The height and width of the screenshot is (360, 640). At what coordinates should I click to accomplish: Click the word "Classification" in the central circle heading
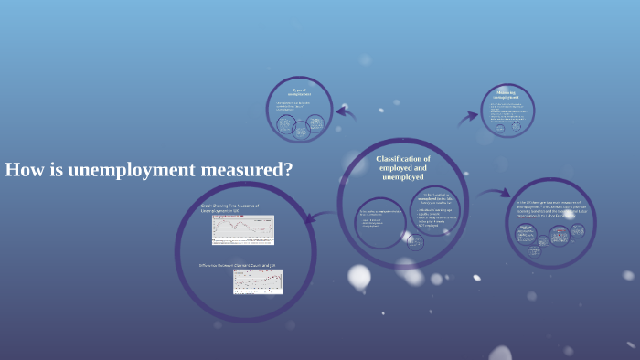pyautogui.click(x=403, y=159)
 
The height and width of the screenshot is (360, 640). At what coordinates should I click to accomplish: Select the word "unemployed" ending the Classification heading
pyautogui.click(x=403, y=177)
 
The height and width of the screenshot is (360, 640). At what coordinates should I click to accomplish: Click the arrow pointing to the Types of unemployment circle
pyautogui.click(x=346, y=113)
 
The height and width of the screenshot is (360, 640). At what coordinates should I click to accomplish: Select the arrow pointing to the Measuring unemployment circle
pyautogui.click(x=468, y=116)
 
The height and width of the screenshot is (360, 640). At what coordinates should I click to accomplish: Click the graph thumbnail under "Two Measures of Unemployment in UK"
pyautogui.click(x=242, y=230)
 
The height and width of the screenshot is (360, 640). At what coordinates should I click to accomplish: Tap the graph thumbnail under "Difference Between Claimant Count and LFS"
pyautogui.click(x=257, y=281)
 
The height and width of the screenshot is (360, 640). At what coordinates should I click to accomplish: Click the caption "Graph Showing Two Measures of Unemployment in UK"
pyautogui.click(x=229, y=208)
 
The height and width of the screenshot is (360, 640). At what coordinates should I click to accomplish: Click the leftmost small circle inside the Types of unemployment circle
pyautogui.click(x=285, y=127)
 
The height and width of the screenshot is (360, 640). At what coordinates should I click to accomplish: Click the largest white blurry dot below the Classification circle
pyautogui.click(x=359, y=276)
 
